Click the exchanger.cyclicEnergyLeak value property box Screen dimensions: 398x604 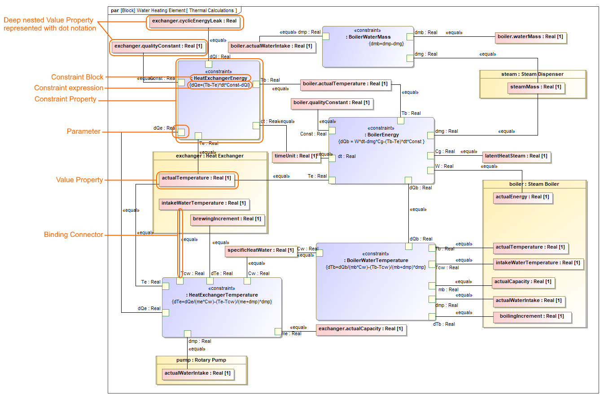194,21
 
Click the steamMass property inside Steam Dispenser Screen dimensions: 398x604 536,87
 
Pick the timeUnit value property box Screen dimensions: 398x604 296,156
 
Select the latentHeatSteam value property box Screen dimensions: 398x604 516,156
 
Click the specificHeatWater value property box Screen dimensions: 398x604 260,250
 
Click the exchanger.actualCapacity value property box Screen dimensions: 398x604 360,329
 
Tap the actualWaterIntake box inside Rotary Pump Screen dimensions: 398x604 197,373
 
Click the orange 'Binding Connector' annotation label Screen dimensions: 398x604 73,235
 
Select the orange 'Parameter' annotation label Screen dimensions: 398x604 83,131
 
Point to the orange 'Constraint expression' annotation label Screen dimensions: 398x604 69,88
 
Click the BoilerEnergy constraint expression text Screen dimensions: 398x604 381,141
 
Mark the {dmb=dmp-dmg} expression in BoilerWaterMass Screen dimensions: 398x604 386,44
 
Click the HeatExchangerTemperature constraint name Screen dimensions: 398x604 222,295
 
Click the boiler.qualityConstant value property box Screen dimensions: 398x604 332,103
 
